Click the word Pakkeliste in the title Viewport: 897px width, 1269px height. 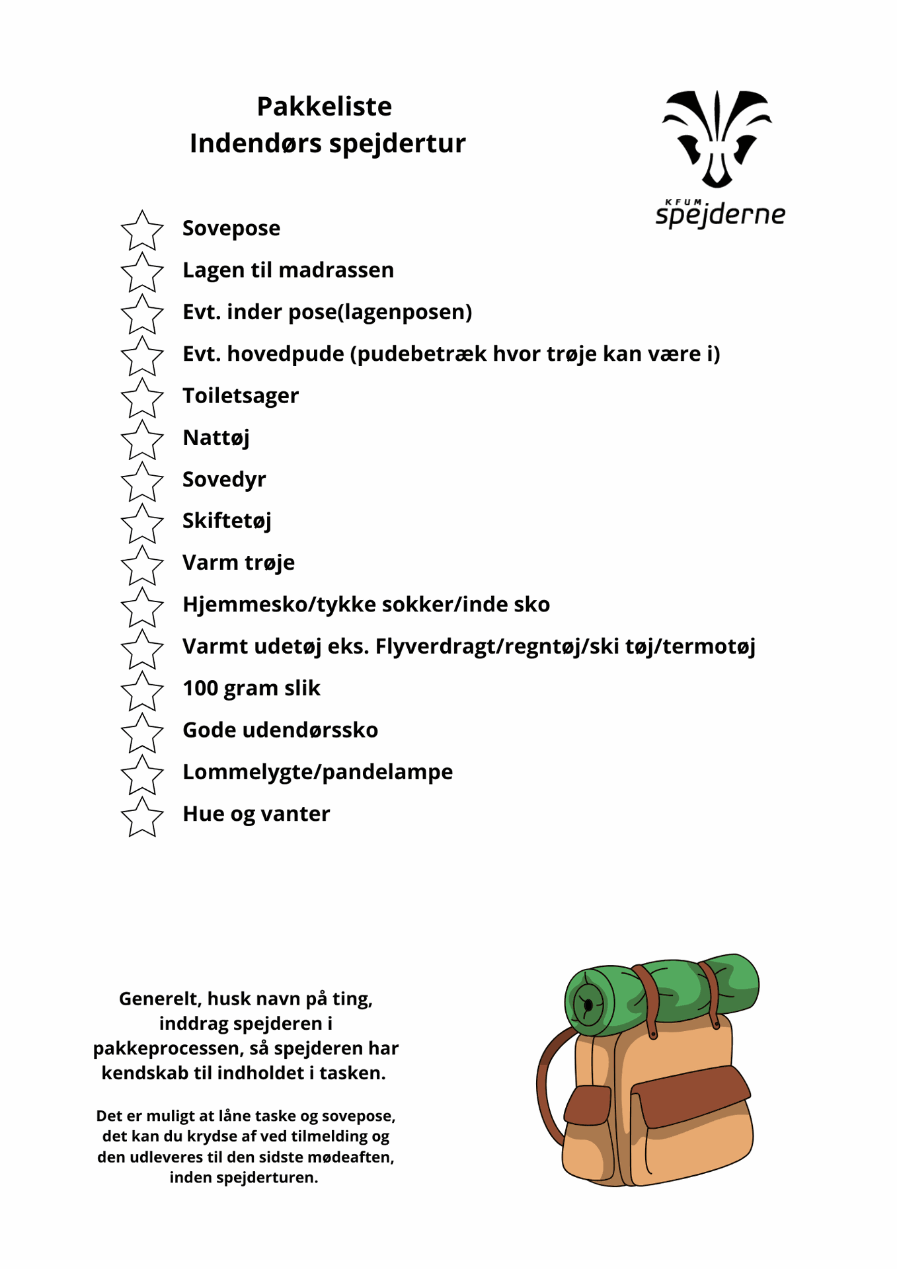click(x=324, y=106)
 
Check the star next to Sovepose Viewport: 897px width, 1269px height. click(x=142, y=231)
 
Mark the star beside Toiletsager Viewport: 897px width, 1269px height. click(x=142, y=398)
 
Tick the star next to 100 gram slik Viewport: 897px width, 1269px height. click(x=142, y=691)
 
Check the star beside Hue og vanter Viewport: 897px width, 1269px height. click(x=142, y=816)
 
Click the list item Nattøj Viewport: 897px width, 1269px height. click(x=215, y=438)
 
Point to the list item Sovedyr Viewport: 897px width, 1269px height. click(x=224, y=480)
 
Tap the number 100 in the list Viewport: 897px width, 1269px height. click(x=200, y=689)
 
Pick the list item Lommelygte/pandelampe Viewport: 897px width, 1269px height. click(x=317, y=772)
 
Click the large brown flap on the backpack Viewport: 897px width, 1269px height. click(x=691, y=1096)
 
